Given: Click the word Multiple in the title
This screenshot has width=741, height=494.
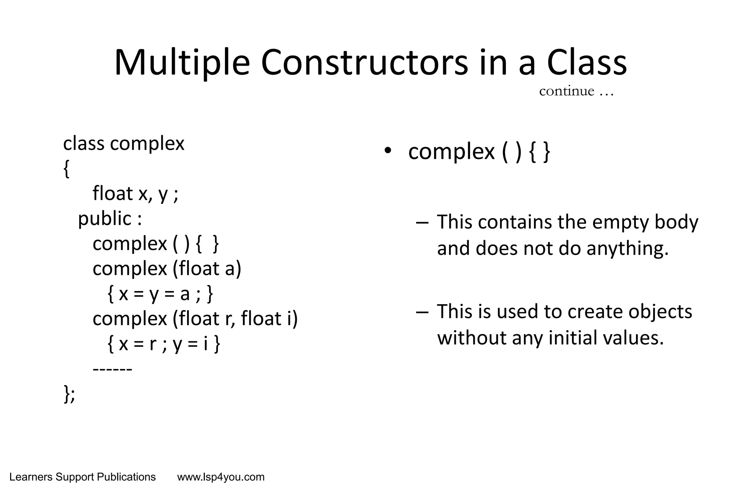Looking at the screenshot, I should [x=182, y=63].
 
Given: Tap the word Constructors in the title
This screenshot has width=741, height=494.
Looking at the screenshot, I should [x=364, y=63].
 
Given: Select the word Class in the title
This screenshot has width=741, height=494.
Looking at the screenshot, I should [x=587, y=63].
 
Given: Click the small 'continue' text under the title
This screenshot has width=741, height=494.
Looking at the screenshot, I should [x=567, y=91].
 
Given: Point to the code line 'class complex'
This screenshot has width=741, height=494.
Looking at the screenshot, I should [x=124, y=144].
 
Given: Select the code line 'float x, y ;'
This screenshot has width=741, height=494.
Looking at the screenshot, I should [x=135, y=193].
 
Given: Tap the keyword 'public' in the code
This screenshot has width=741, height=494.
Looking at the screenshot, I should [x=105, y=219].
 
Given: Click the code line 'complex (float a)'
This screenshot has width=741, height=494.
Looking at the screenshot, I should [x=167, y=269].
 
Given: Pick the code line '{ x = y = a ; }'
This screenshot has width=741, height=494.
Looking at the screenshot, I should [x=160, y=294].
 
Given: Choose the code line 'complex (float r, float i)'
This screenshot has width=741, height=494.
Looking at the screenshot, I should [x=195, y=319].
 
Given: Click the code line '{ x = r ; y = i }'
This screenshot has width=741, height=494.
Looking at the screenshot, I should [x=164, y=344].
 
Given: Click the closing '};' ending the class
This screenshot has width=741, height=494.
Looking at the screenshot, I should [x=69, y=394].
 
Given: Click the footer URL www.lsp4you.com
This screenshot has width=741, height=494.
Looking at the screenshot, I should [x=221, y=477].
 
